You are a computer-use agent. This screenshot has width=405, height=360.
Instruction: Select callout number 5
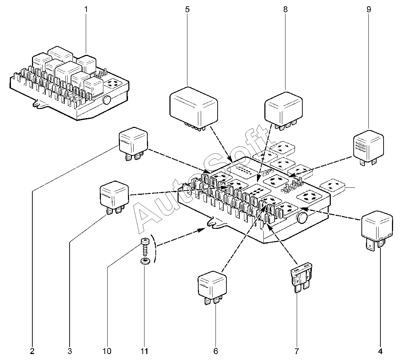[187, 9]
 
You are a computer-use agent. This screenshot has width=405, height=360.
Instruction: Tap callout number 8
[285, 9]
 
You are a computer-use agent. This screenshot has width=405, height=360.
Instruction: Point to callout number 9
[368, 9]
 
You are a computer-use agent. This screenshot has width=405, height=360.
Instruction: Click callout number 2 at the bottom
[32, 351]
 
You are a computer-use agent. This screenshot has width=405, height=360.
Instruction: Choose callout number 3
[70, 351]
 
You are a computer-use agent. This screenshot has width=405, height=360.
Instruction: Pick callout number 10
[107, 351]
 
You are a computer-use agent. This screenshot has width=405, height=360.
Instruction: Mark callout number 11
[144, 351]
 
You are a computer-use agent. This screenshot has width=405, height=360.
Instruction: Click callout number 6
[216, 351]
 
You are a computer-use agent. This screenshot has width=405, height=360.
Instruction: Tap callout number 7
[296, 351]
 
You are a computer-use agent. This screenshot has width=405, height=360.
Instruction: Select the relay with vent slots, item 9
[368, 146]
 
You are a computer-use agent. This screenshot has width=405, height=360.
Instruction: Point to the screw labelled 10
[144, 247]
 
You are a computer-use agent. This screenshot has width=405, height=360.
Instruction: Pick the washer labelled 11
[144, 261]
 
